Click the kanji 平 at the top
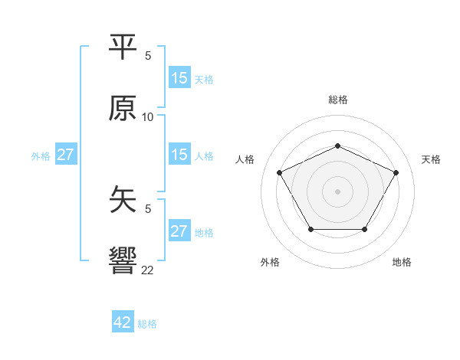coord(123,48)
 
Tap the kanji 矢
coord(123,201)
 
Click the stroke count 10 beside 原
coord(148,116)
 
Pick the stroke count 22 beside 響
coord(148,270)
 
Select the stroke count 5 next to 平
coord(148,56)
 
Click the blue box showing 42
coord(123,322)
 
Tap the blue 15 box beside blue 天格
coord(179,78)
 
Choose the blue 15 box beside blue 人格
coord(179,155)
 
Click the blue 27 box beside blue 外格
coord(65,155)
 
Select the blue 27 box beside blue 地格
coord(179,231)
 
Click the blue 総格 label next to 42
coord(147,324)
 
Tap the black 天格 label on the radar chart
coord(431,159)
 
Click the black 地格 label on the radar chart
coord(402,262)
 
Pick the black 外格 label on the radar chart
coord(270,262)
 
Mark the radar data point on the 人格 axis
coord(279,172)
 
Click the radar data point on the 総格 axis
coord(337,146)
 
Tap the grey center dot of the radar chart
coord(337,191)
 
